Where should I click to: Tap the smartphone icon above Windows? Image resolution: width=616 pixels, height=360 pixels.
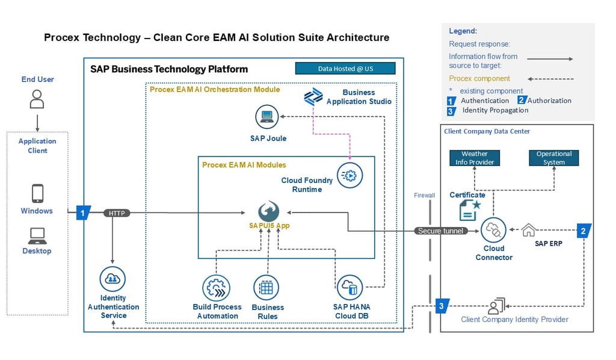point(37,193)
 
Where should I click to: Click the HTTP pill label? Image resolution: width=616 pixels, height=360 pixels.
point(117,213)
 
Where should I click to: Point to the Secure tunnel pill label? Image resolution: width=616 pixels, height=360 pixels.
point(441,231)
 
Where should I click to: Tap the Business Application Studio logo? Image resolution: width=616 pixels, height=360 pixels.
point(313,97)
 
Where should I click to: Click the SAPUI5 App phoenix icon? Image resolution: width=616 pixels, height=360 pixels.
point(269,211)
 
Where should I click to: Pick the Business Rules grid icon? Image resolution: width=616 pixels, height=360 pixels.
point(266,288)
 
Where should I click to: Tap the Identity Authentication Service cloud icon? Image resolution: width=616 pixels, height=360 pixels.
point(112,279)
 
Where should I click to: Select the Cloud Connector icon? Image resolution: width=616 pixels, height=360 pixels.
point(493,231)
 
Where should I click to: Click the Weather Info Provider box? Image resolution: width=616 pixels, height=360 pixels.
point(475,158)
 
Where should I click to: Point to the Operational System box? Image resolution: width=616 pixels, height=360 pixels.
point(554,158)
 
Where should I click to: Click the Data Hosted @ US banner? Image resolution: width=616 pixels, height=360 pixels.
point(345,69)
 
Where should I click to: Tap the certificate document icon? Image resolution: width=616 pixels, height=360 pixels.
point(469,211)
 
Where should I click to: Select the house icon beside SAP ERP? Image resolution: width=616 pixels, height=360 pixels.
point(528,230)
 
